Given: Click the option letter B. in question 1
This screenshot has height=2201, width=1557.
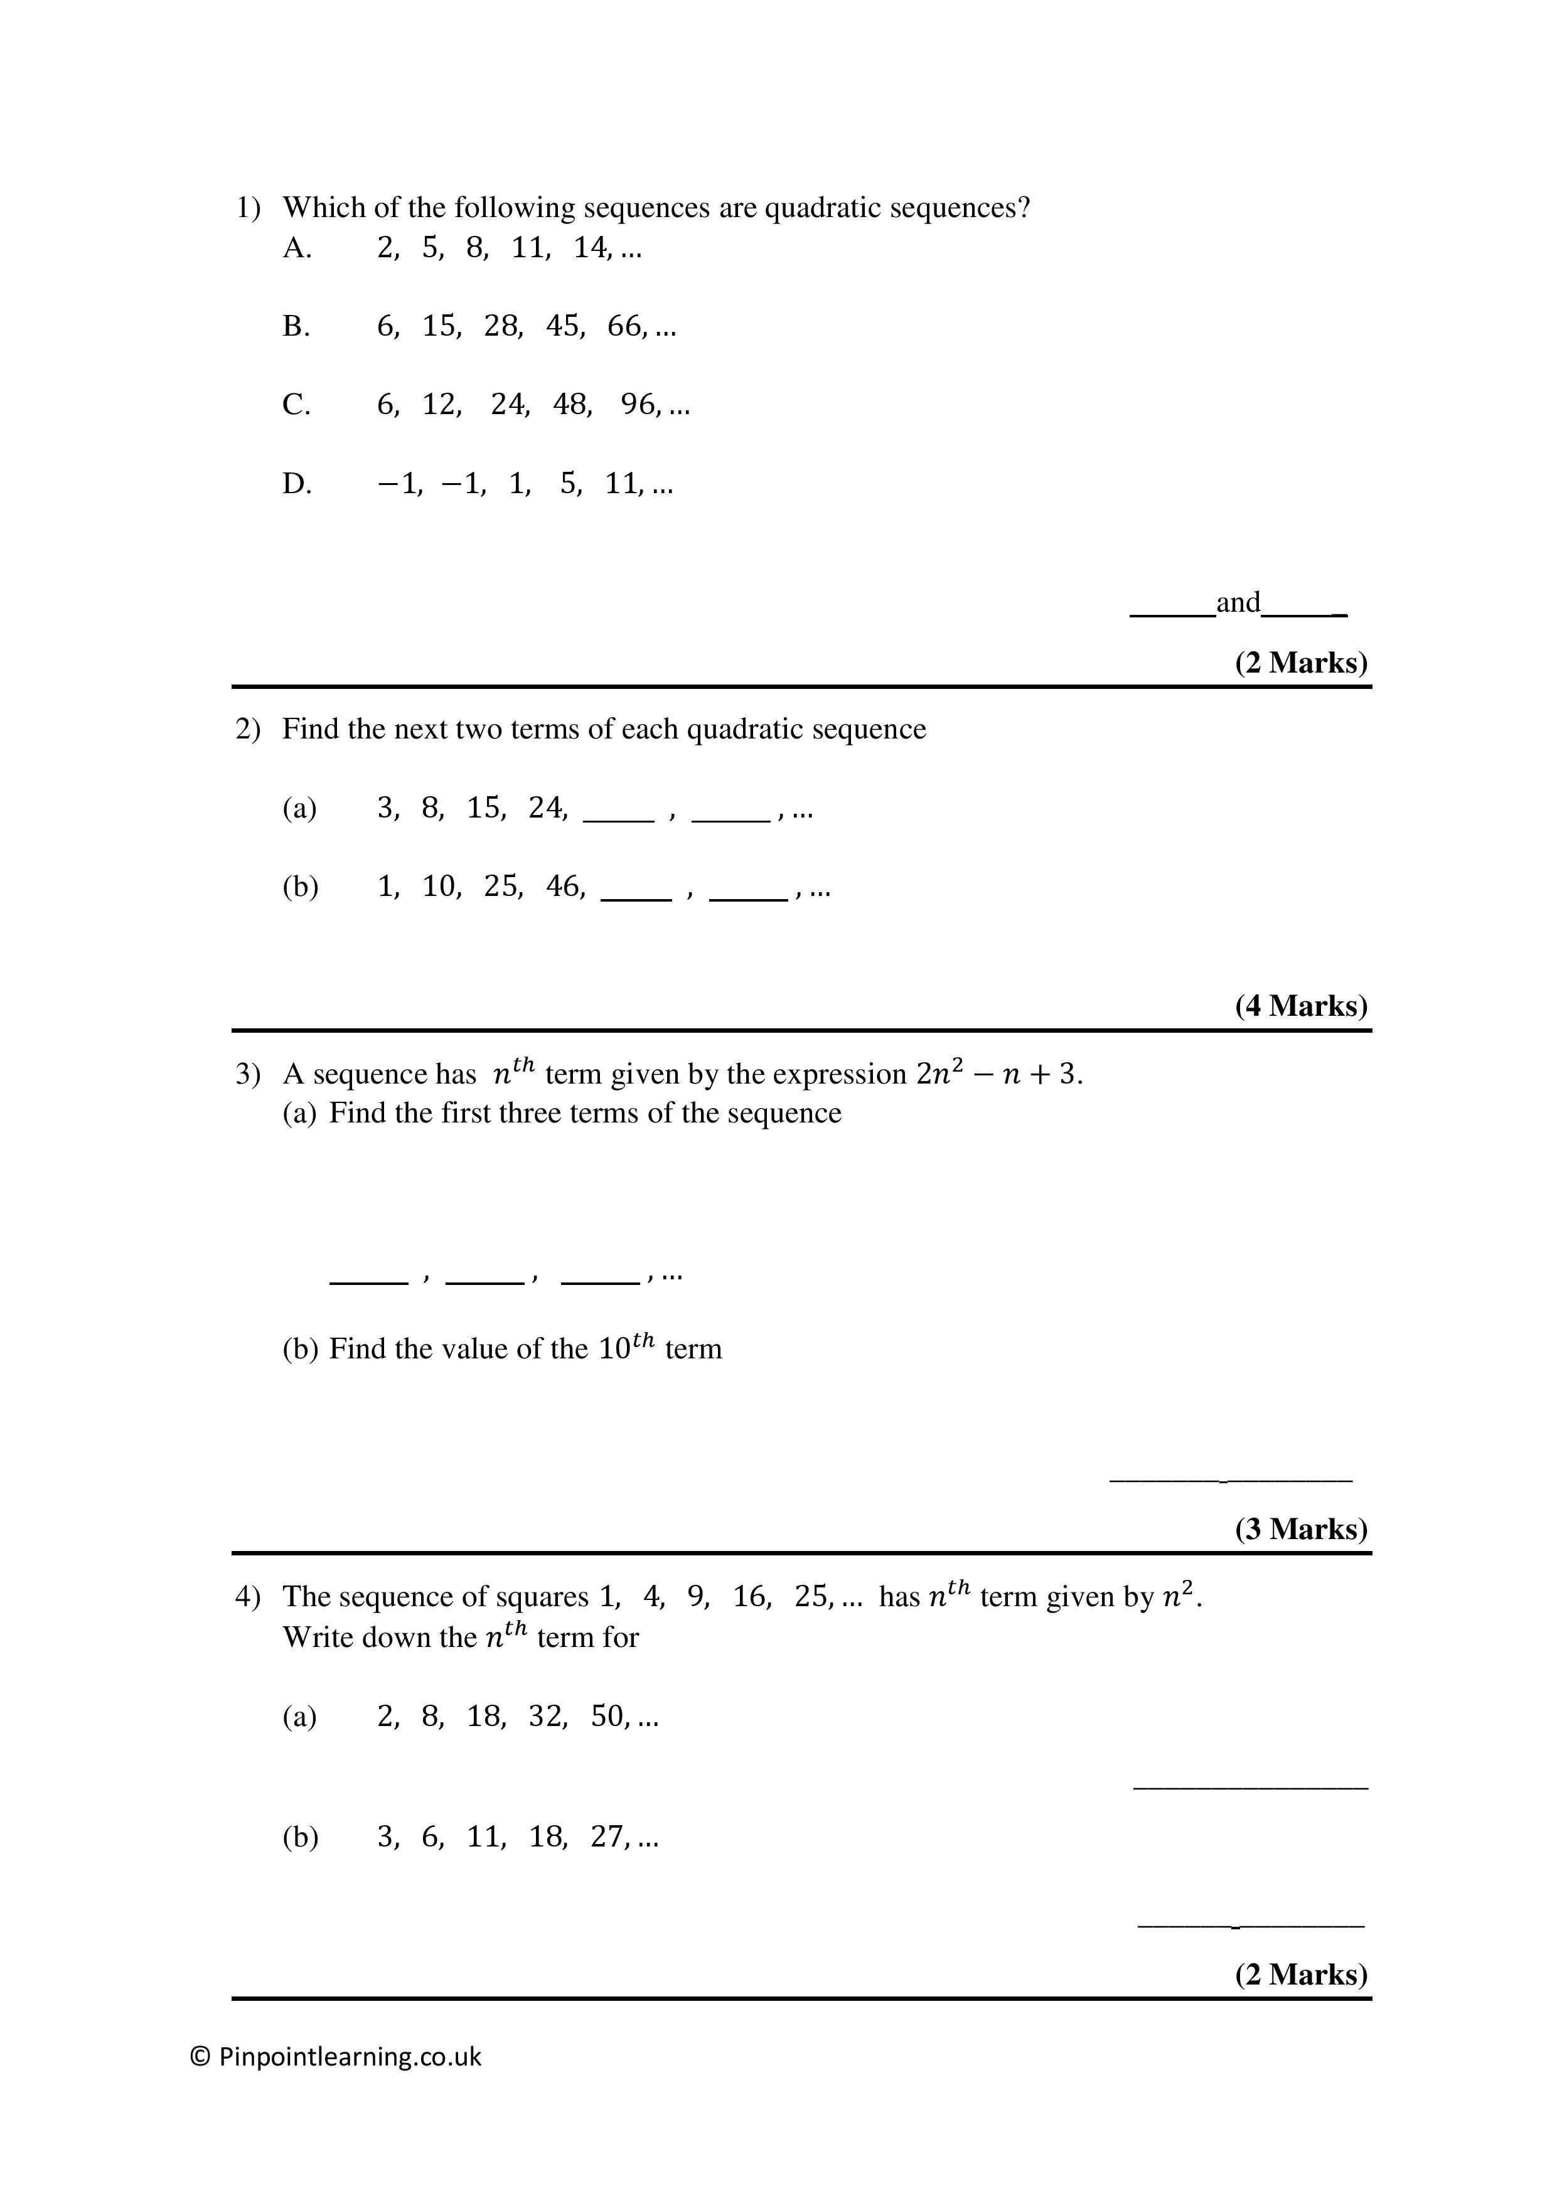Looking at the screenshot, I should click(x=296, y=327).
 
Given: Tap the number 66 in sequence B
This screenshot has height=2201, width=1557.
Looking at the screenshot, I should click(x=624, y=327).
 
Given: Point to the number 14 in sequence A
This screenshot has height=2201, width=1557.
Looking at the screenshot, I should click(x=591, y=248).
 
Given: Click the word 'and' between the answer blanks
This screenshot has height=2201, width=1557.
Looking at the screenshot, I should click(x=1238, y=602).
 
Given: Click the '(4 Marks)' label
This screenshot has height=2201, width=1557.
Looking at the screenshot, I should click(x=1301, y=1006).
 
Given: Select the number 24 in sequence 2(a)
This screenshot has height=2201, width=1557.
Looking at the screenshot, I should click(x=545, y=808).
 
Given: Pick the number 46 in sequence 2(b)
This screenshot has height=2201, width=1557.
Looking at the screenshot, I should click(x=563, y=887).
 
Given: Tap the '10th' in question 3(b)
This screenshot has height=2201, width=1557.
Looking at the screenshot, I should click(x=627, y=1347).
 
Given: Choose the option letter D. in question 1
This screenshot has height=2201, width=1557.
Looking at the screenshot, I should click(x=296, y=484).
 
